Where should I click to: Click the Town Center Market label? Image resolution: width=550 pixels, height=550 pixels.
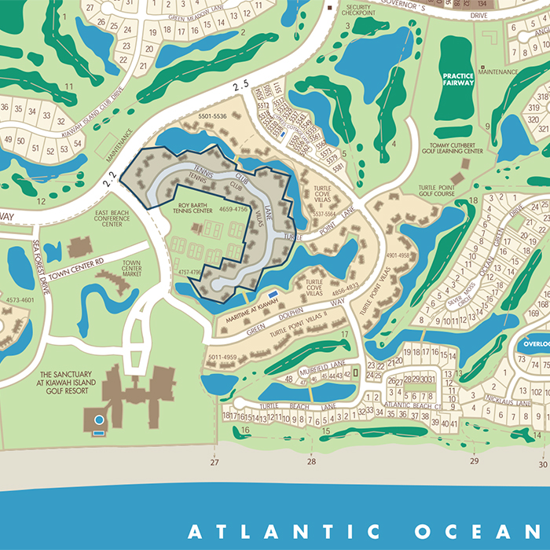131,268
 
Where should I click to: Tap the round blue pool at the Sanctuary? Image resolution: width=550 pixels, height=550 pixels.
99,420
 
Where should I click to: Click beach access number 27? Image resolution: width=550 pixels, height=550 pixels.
214,463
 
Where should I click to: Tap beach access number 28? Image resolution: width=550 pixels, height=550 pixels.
312,463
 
